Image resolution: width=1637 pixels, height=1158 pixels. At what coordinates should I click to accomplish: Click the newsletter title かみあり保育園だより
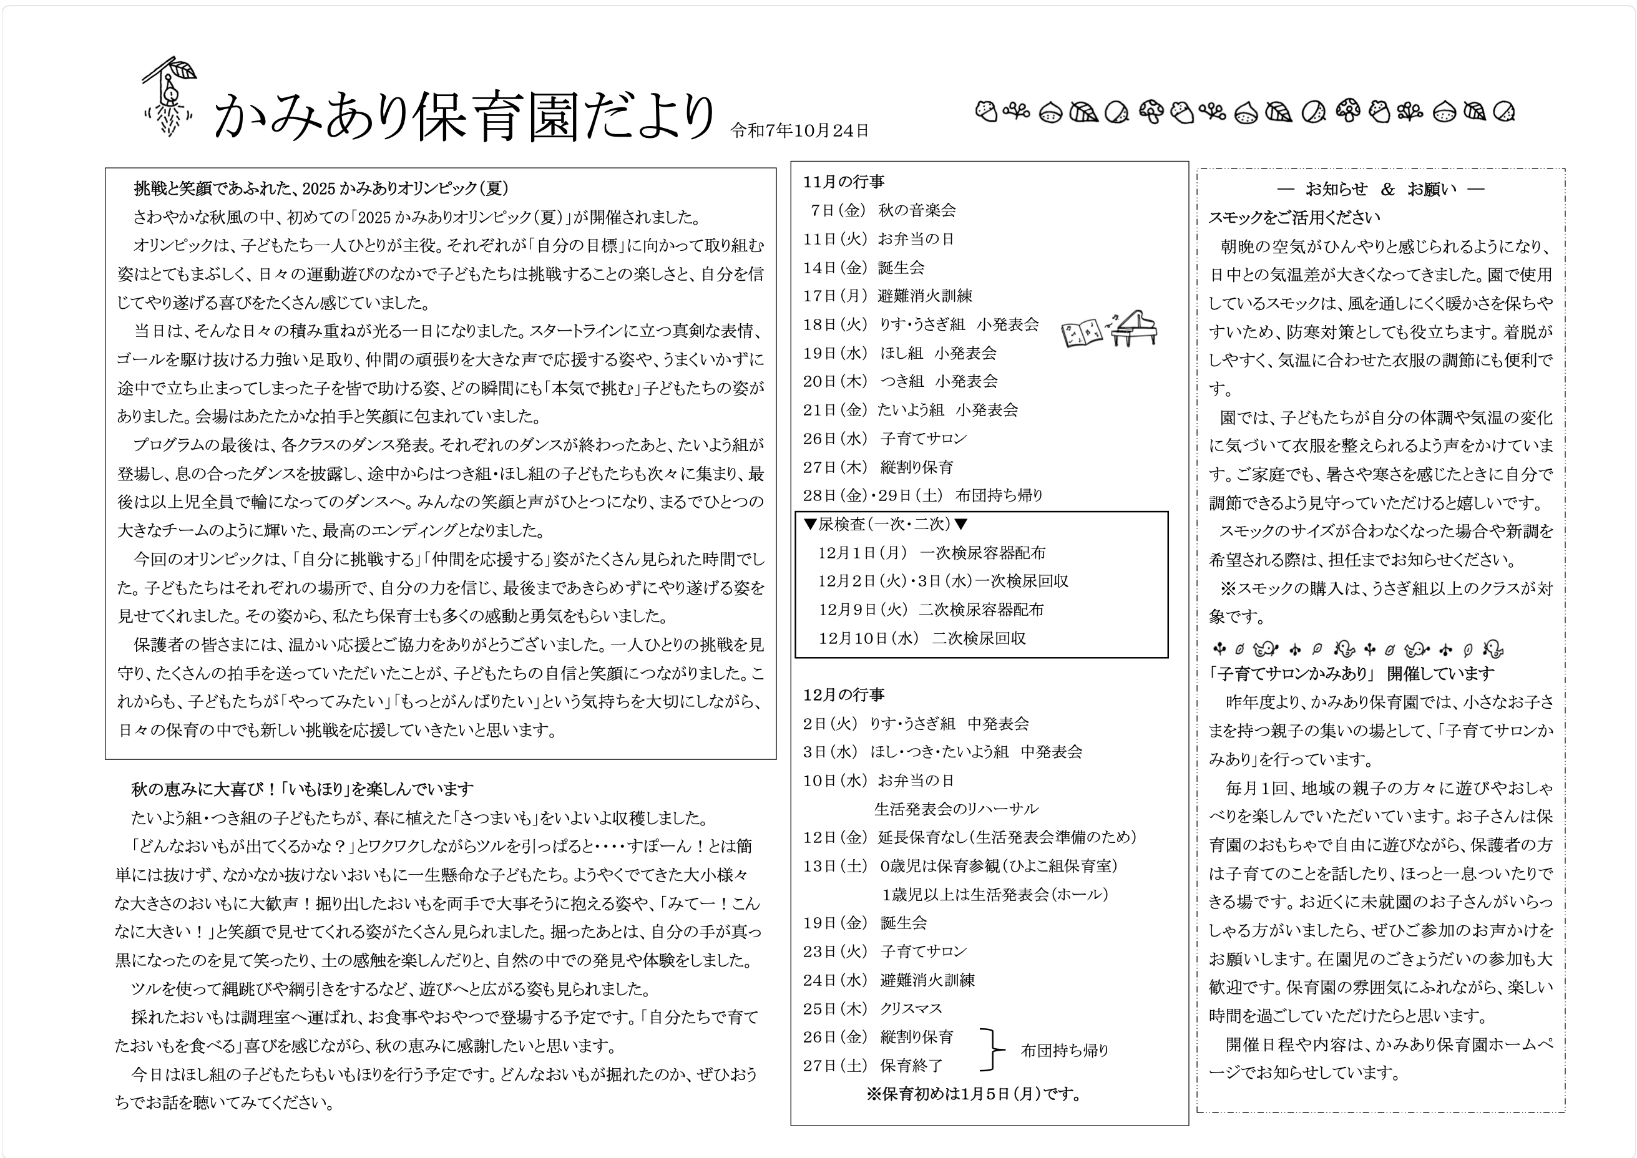click(464, 115)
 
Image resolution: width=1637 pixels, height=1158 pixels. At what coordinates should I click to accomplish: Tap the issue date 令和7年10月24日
click(799, 130)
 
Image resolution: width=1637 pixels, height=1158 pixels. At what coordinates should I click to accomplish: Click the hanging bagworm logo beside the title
click(169, 97)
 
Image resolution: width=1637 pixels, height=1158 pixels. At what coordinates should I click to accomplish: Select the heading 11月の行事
click(844, 182)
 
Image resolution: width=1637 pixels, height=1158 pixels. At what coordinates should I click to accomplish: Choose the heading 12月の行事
click(844, 694)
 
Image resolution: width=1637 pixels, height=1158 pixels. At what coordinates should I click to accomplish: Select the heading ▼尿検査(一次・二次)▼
click(885, 525)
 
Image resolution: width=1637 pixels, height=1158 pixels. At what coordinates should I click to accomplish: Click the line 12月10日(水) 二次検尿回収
click(922, 638)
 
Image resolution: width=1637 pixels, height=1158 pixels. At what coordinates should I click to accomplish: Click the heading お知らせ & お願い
click(1381, 189)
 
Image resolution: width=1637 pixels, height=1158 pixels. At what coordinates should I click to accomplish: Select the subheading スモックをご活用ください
click(1294, 218)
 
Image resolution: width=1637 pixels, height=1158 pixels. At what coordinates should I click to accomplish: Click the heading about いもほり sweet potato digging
click(303, 789)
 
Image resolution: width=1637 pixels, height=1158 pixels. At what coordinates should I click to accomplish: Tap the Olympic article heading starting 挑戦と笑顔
click(321, 188)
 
